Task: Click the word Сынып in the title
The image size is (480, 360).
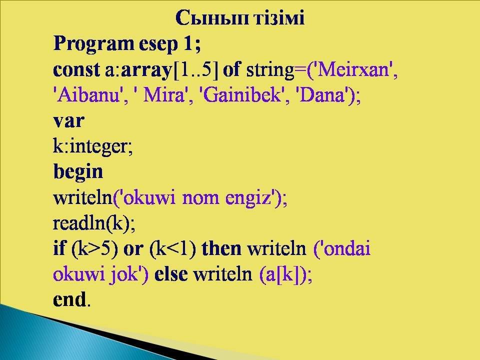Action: pyautogui.click(x=213, y=18)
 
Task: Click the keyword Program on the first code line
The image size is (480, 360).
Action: pyautogui.click(x=93, y=44)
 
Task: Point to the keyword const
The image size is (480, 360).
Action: pyautogui.click(x=76, y=69)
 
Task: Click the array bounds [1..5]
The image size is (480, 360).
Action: pyautogui.click(x=196, y=70)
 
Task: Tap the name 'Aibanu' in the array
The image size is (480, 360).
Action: pyautogui.click(x=87, y=95)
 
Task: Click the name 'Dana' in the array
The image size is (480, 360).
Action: pyautogui.click(x=322, y=95)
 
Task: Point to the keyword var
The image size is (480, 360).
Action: pyautogui.click(x=68, y=121)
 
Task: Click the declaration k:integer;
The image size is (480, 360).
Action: pyautogui.click(x=93, y=147)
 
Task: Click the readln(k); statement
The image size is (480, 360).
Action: pyautogui.click(x=94, y=223)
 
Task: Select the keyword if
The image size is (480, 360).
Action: pyautogui.click(x=59, y=247)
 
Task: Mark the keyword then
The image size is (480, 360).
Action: pyautogui.click(x=221, y=248)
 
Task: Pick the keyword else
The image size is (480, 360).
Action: pyautogui.click(x=171, y=274)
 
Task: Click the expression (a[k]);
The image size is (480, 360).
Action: pyautogui.click(x=285, y=274)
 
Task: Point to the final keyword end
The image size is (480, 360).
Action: pyautogui.click(x=69, y=299)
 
